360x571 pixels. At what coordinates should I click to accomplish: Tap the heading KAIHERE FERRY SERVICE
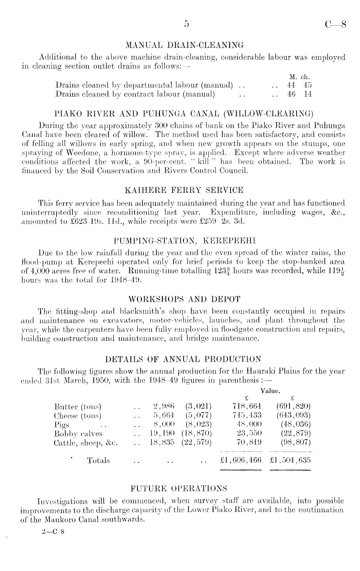tap(184, 190)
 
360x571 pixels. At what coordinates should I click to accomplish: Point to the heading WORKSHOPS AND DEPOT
tap(184, 299)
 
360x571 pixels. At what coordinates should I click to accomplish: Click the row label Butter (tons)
tap(78, 406)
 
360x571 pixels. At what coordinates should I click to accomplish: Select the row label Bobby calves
tap(78, 434)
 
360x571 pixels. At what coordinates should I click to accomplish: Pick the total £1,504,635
tap(290, 460)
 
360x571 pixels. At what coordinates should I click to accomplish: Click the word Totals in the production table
tap(99, 460)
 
